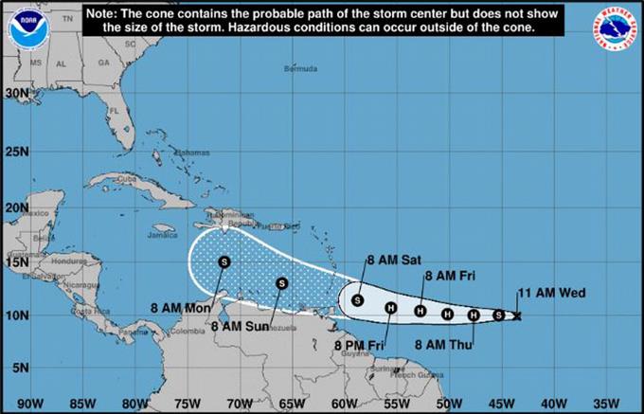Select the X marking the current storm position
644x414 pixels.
(516, 315)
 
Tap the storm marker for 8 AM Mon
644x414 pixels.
(224, 261)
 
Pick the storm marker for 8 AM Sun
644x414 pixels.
(281, 282)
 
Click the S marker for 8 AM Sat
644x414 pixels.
(357, 300)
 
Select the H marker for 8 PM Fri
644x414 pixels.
(390, 307)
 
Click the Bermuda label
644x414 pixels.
(301, 70)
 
